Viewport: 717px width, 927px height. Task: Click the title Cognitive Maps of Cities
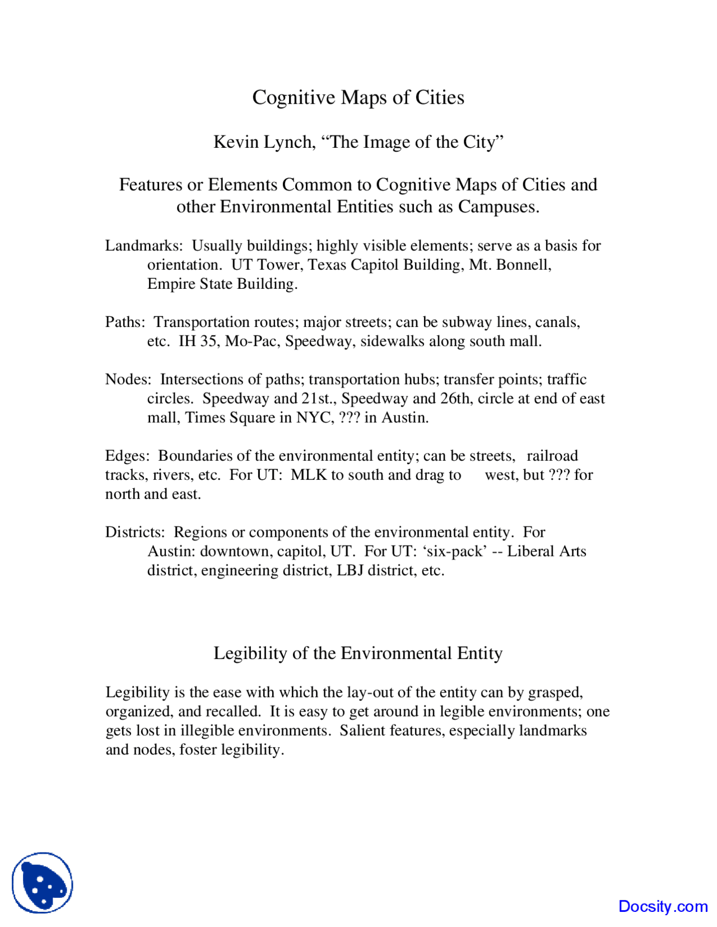[358, 97]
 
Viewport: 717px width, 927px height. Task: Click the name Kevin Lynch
[263, 142]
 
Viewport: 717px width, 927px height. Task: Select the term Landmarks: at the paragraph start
[144, 246]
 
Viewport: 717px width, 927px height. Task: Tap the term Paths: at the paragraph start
[125, 322]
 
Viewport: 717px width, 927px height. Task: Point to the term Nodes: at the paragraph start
[128, 380]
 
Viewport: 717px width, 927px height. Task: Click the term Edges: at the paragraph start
[127, 456]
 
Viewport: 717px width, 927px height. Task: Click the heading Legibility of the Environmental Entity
[358, 653]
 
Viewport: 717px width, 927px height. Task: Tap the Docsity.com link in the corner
[663, 906]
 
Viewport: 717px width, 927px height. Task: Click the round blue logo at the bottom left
[43, 883]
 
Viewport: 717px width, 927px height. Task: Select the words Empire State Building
[221, 284]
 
